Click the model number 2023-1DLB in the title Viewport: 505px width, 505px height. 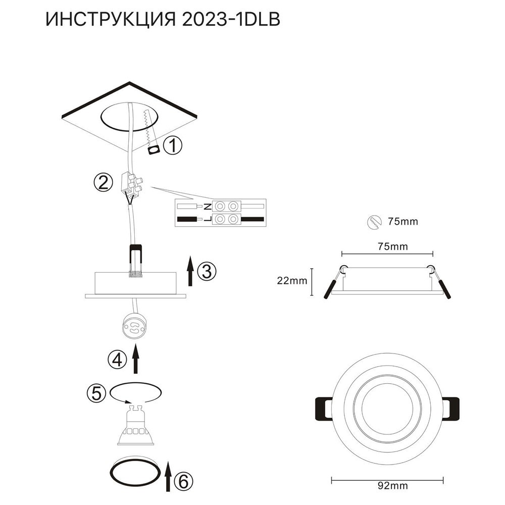[231, 20]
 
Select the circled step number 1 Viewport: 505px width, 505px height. [173, 145]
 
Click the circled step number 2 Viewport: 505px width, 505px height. [103, 182]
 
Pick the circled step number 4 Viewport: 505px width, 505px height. [117, 359]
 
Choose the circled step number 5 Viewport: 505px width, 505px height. [96, 393]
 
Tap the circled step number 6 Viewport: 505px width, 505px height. [184, 482]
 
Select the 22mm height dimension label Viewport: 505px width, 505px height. [292, 280]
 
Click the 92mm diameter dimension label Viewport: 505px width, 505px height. [392, 494]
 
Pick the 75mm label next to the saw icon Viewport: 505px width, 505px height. [403, 222]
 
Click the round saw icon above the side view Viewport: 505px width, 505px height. [374, 222]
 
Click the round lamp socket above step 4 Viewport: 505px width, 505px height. [133, 327]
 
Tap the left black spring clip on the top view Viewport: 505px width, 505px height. [323, 408]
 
